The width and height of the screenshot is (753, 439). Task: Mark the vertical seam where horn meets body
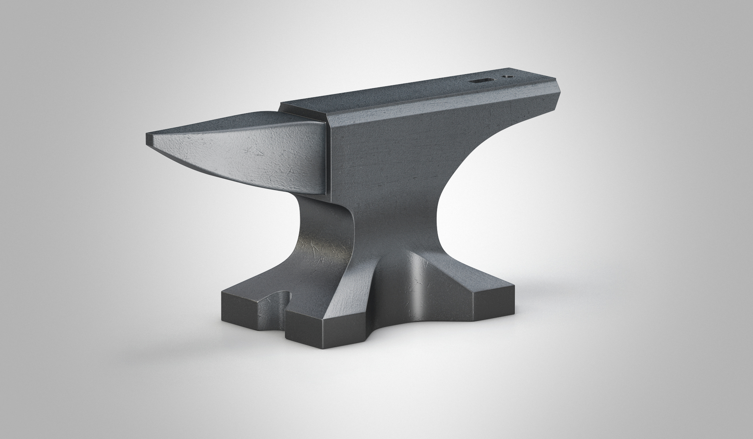(328, 156)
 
